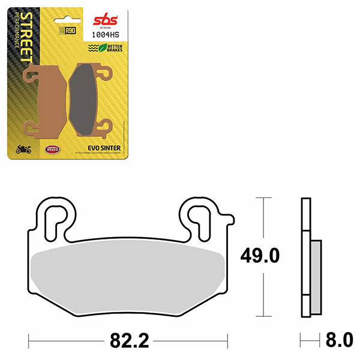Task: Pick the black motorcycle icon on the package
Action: point(25,149)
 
